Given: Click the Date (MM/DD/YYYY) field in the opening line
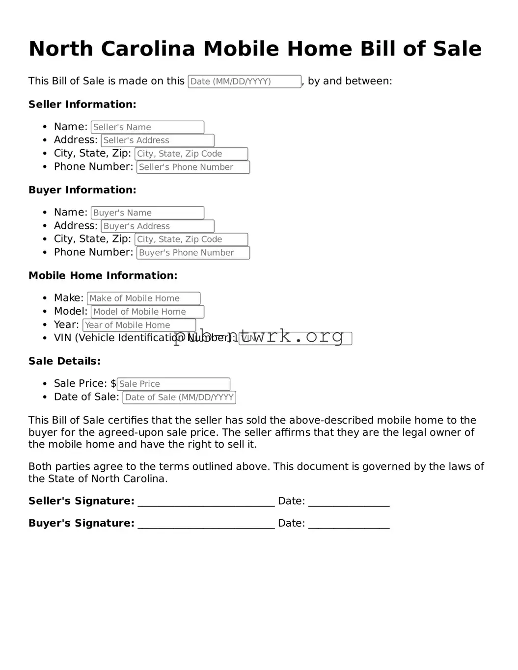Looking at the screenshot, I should coord(245,81).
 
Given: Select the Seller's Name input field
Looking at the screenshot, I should coord(147,127).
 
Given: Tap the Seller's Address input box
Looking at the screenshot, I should coord(158,140).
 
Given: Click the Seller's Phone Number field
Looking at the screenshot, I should coord(193,167).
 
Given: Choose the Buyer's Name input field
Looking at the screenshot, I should coord(147,213).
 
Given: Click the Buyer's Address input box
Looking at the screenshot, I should coord(158,226).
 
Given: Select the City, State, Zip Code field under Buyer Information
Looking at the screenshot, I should coord(191,240).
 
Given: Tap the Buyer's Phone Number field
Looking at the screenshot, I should coord(193,253).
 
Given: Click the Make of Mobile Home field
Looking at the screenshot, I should coord(143,298).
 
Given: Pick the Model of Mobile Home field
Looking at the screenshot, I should coord(147,312).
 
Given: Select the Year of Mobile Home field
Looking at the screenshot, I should coord(139,325).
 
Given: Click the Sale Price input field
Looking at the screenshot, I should coord(173,384).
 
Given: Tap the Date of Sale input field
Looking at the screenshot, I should coord(179,398).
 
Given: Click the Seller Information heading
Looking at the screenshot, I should coord(82,105).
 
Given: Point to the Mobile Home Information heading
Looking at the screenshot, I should coord(103,276).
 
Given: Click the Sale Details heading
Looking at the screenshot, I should coord(64,361).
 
